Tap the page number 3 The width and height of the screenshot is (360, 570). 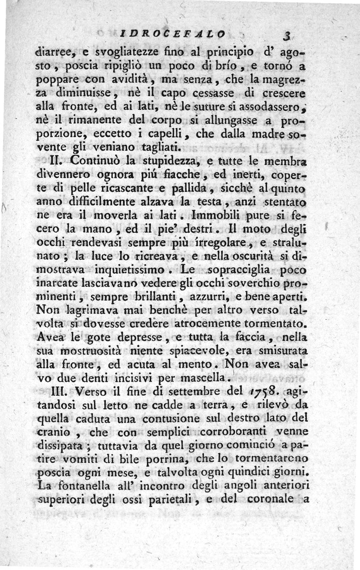coord(285,36)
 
